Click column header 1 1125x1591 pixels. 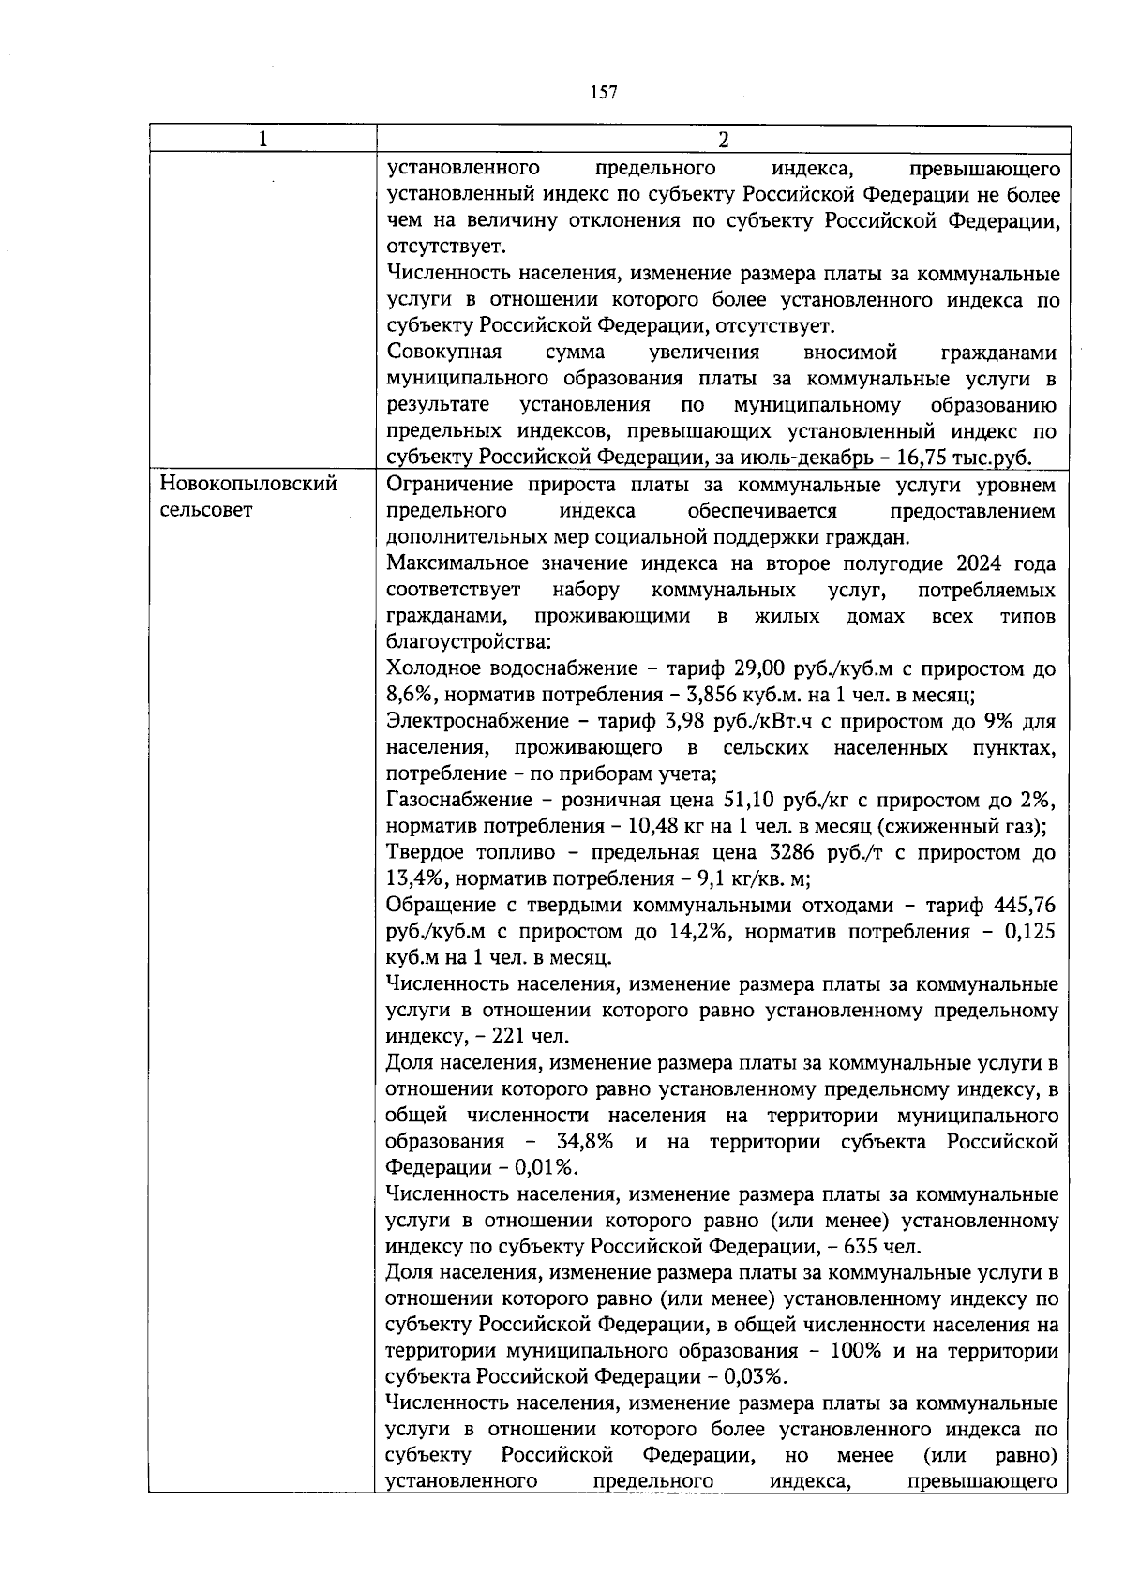click(x=262, y=140)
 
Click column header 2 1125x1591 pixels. click(x=722, y=140)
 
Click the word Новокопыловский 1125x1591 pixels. click(x=248, y=485)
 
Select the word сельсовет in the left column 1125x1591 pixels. click(x=206, y=511)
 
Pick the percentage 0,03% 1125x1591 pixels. click(x=755, y=1377)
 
